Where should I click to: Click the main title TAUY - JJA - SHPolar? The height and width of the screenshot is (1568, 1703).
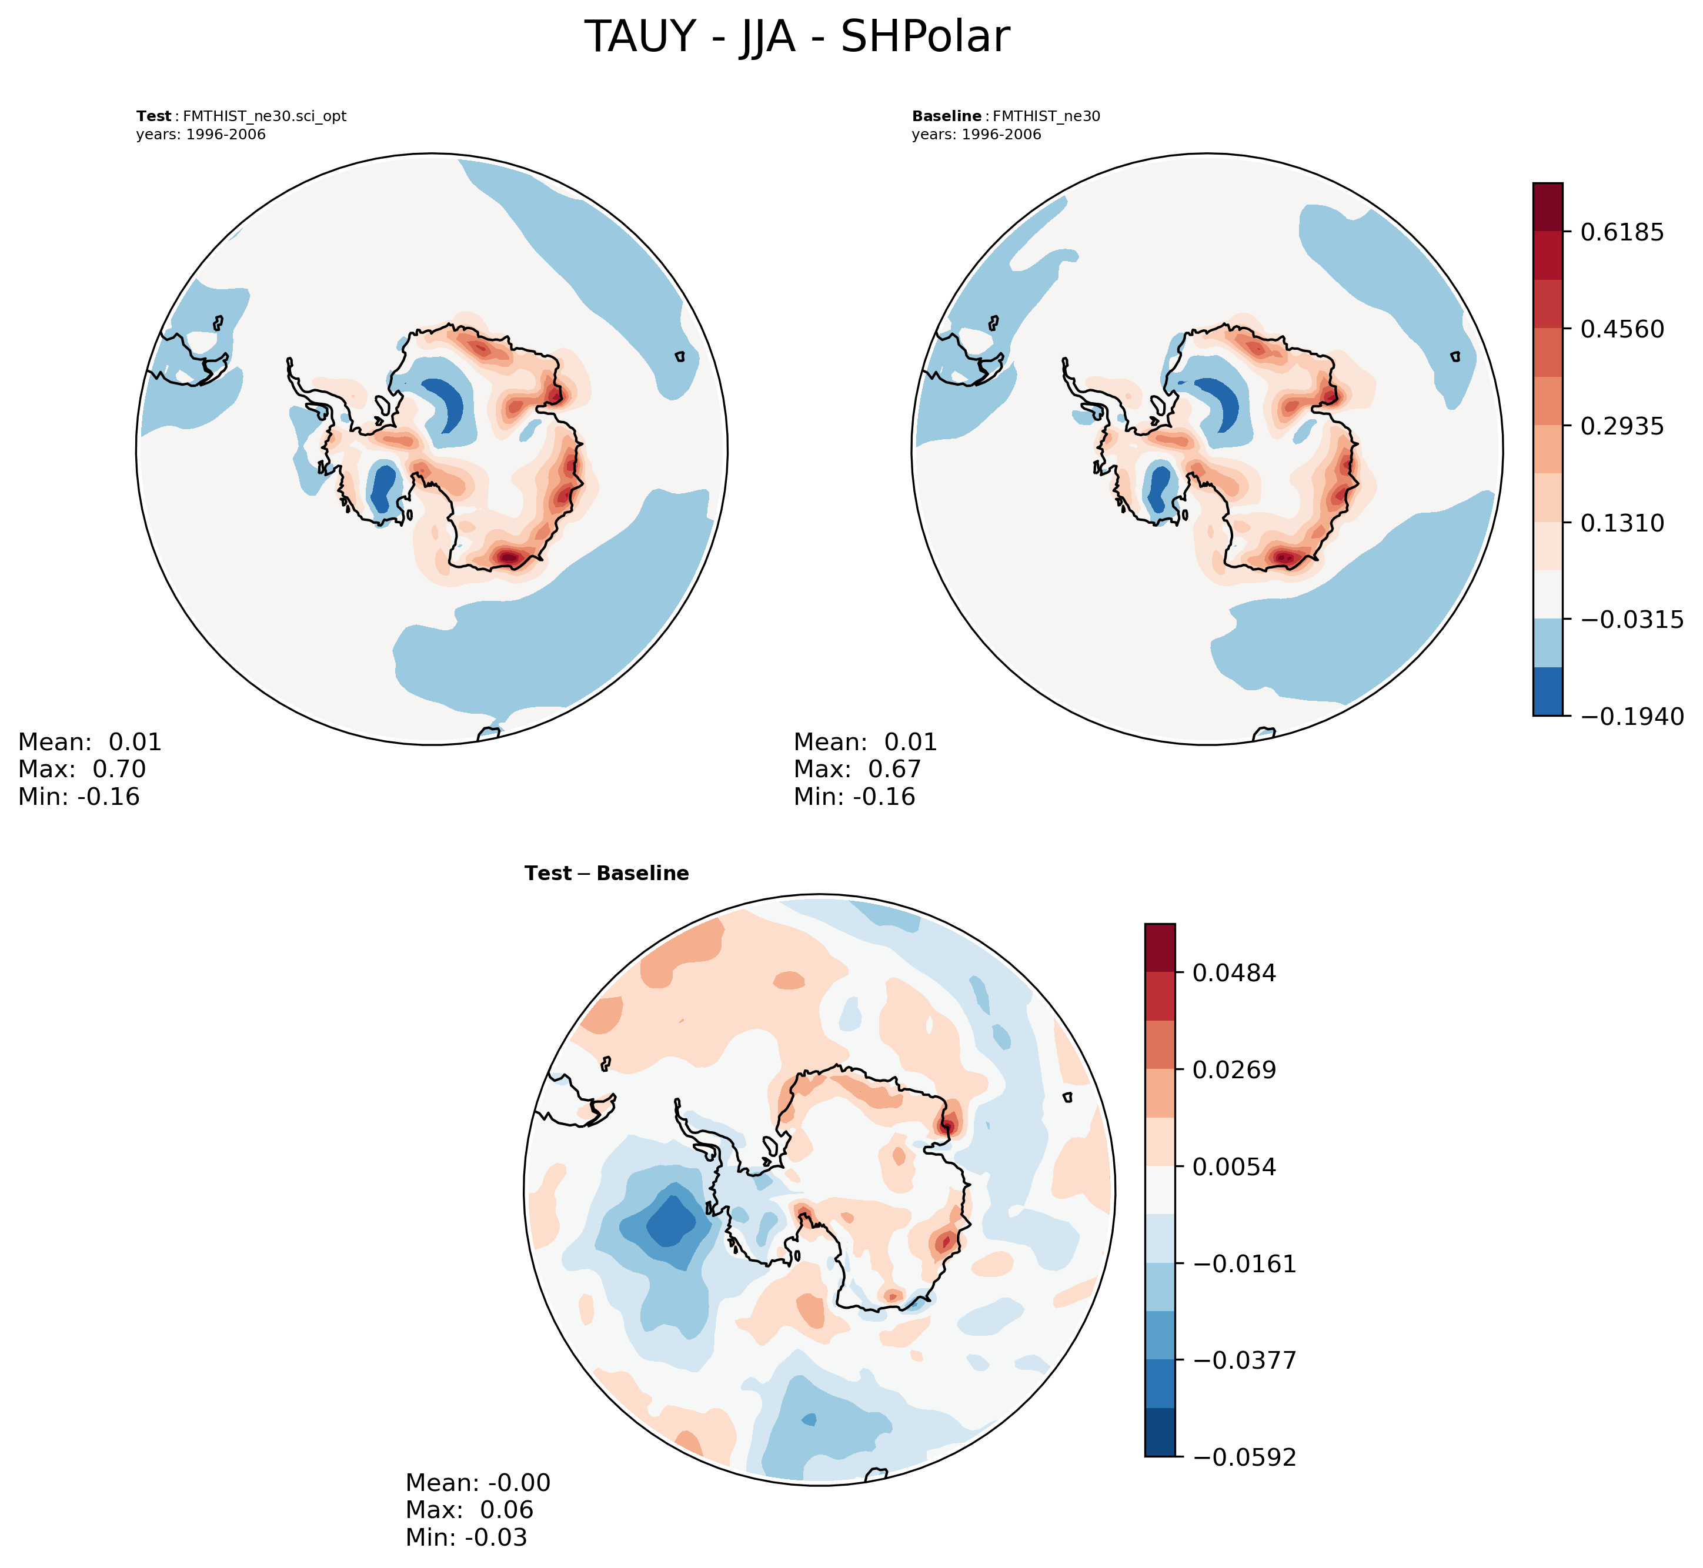[x=797, y=38]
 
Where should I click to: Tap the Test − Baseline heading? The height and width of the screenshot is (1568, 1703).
[x=607, y=874]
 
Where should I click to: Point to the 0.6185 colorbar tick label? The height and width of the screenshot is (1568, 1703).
[x=1621, y=232]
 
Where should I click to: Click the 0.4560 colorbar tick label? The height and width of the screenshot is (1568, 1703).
[x=1621, y=329]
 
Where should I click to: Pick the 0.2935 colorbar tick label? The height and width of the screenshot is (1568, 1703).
[x=1621, y=426]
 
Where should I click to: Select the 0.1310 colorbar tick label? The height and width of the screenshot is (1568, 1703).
[x=1621, y=523]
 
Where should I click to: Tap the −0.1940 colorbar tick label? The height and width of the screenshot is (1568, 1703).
[x=1631, y=717]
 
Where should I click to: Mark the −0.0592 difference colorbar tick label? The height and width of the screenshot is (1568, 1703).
[x=1243, y=1457]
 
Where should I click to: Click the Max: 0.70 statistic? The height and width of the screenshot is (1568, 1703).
[x=82, y=770]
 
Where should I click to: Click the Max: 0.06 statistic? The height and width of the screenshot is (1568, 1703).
[x=469, y=1510]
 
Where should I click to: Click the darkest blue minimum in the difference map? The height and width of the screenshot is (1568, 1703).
[x=671, y=1221]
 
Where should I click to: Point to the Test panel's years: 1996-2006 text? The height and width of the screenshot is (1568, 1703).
[x=201, y=135]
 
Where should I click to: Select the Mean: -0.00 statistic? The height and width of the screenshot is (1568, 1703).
[x=477, y=1483]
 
